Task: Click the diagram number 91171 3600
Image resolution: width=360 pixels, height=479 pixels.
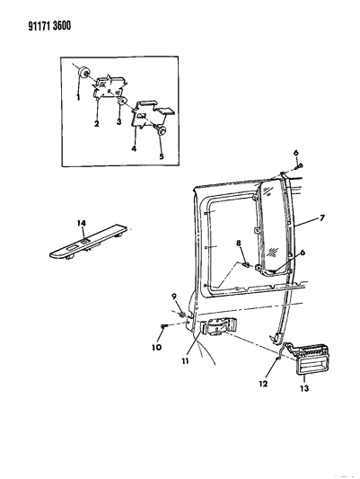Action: (x=49, y=26)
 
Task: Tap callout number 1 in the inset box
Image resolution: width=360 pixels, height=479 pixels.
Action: (x=78, y=97)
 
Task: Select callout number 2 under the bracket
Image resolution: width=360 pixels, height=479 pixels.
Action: (x=96, y=124)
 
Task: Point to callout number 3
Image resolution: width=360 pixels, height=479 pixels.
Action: (x=119, y=121)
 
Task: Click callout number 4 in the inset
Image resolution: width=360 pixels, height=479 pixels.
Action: (x=134, y=149)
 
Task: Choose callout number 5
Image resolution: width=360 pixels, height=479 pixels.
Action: (x=161, y=156)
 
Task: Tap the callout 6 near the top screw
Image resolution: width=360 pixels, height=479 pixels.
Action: (x=296, y=153)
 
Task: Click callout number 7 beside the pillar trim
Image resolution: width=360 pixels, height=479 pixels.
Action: (x=321, y=218)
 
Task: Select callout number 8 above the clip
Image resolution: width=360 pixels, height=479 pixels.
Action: (x=239, y=244)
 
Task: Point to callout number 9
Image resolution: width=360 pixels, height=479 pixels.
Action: (x=174, y=296)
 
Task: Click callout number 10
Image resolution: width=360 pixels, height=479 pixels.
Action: (x=157, y=347)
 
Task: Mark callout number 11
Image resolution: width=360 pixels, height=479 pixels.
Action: (x=185, y=361)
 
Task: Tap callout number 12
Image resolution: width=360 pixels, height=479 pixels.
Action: (x=263, y=384)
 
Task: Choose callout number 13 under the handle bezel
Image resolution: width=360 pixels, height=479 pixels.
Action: (x=304, y=388)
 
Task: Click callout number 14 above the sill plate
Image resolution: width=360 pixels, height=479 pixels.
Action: (x=81, y=223)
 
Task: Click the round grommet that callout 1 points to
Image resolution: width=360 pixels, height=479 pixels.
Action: (x=83, y=73)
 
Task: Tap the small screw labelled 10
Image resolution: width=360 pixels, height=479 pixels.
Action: (x=163, y=327)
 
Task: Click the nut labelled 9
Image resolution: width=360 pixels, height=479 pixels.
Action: (x=182, y=314)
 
